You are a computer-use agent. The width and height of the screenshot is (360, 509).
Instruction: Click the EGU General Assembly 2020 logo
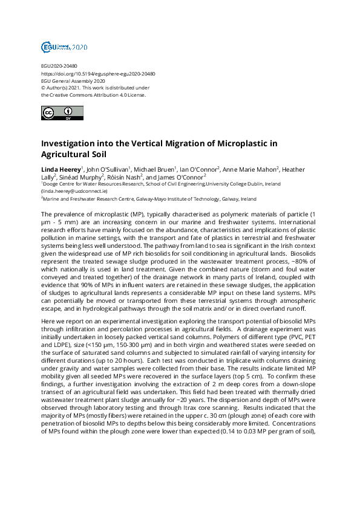(x=65, y=47)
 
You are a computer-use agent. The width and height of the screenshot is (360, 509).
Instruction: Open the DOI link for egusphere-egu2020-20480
(x=98, y=74)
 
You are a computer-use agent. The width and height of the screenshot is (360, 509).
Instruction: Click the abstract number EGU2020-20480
(x=59, y=66)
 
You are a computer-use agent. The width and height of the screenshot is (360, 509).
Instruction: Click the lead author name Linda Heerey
(x=59, y=169)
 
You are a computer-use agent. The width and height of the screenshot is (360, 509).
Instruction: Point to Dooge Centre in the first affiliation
(x=60, y=184)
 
